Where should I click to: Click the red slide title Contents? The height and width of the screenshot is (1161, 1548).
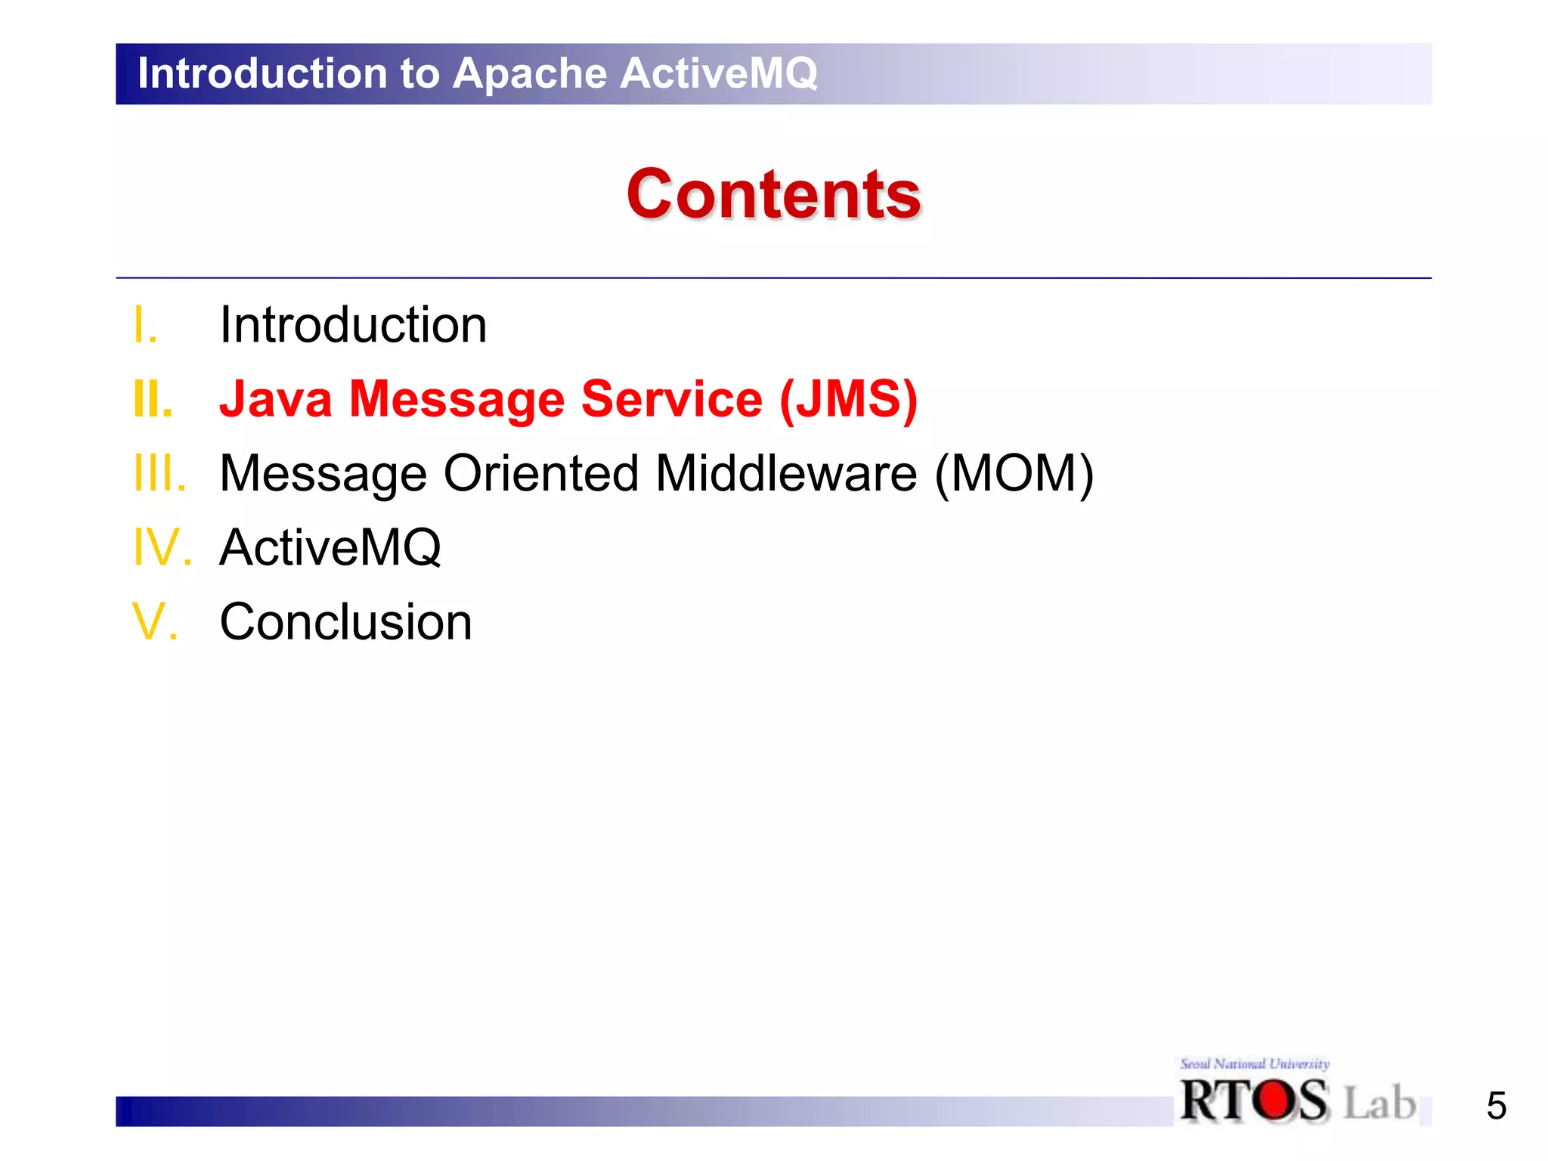[773, 195]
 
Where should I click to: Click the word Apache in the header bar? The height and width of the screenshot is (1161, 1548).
[530, 73]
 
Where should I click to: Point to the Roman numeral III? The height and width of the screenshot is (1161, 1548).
[159, 474]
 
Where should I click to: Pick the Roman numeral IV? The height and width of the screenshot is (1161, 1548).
[162, 547]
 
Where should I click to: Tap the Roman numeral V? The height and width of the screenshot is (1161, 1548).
[155, 622]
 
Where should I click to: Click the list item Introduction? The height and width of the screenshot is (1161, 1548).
[353, 326]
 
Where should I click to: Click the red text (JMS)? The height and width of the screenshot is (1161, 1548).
[848, 399]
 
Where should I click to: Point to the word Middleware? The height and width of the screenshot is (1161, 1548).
[786, 474]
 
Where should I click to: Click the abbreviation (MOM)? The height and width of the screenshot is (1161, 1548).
[1014, 474]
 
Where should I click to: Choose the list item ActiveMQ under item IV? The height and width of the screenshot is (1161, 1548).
[330, 547]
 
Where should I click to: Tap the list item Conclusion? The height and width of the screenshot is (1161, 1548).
[345, 622]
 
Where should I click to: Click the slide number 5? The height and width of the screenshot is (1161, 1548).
[1496, 1106]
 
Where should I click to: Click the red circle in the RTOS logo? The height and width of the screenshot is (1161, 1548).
[1274, 1100]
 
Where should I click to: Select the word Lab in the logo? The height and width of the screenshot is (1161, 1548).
[1379, 1103]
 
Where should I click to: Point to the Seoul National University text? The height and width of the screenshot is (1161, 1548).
[1254, 1064]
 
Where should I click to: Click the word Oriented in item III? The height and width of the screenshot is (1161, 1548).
[540, 474]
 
